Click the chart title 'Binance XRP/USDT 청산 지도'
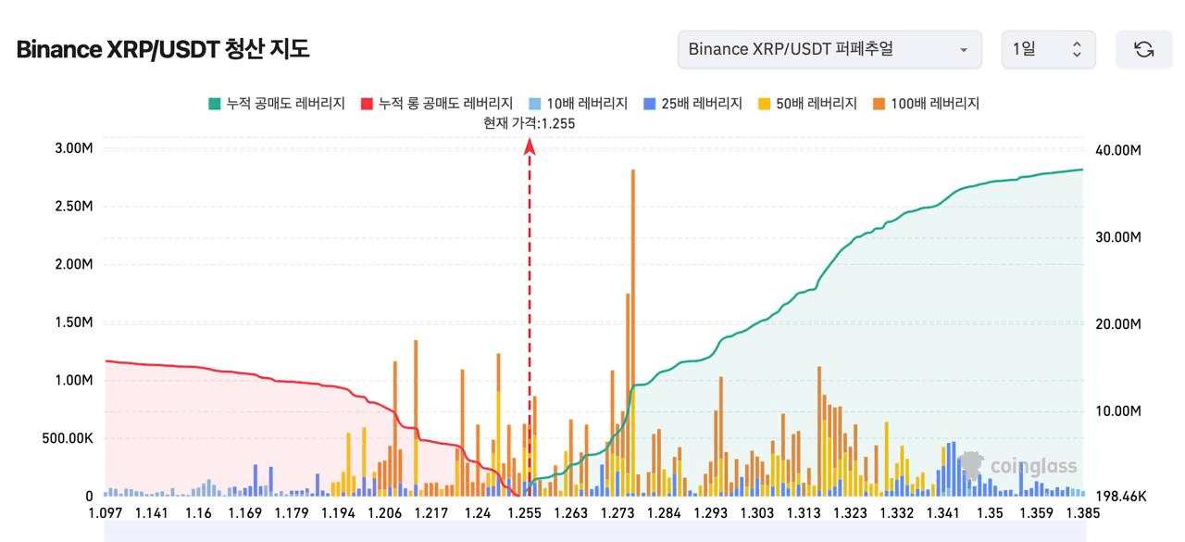pyautogui.click(x=163, y=49)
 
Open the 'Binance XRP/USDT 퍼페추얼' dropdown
pyautogui.click(x=829, y=49)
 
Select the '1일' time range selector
pyautogui.click(x=1048, y=49)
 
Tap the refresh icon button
pyautogui.click(x=1143, y=49)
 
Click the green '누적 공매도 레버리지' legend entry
pyautogui.click(x=277, y=103)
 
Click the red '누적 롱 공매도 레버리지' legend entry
pyautogui.click(x=437, y=103)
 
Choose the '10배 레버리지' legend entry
pyautogui.click(x=579, y=103)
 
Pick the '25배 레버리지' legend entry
pyautogui.click(x=693, y=103)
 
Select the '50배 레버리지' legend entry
pyautogui.click(x=807, y=103)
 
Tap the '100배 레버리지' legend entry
pyautogui.click(x=927, y=103)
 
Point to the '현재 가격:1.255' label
pyautogui.click(x=529, y=123)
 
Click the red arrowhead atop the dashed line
pyautogui.click(x=530, y=146)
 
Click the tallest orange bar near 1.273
pyautogui.click(x=632, y=333)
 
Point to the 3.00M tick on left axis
pyautogui.click(x=73, y=148)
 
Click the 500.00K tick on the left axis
pyautogui.click(x=68, y=438)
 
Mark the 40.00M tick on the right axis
pyautogui.click(x=1117, y=150)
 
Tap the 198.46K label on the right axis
pyautogui.click(x=1121, y=497)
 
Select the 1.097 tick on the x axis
pyautogui.click(x=106, y=513)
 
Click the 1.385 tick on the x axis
pyautogui.click(x=1082, y=513)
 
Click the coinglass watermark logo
pyautogui.click(x=1017, y=466)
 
